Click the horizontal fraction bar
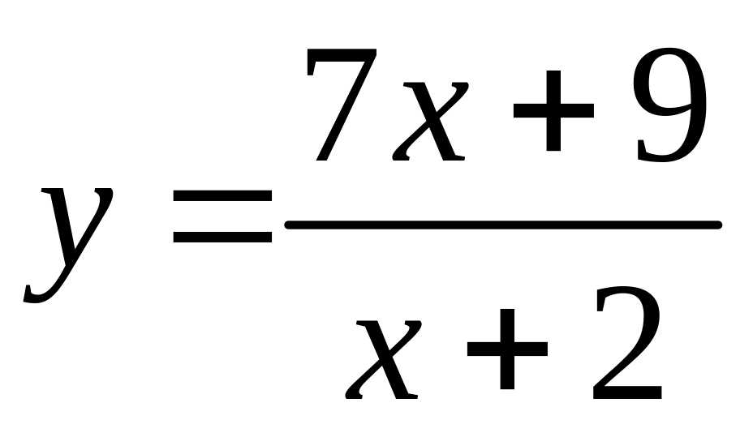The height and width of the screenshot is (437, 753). (x=503, y=225)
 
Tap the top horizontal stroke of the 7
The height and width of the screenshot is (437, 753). (x=341, y=58)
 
